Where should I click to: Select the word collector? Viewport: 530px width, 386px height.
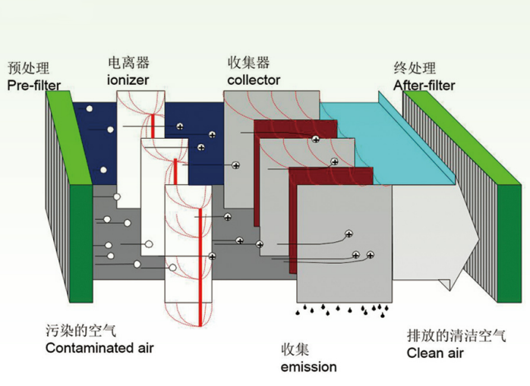(254, 80)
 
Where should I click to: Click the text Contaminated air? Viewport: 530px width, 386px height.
(99, 348)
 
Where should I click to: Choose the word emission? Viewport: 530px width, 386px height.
(308, 367)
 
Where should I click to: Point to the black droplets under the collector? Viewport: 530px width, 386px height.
(342, 309)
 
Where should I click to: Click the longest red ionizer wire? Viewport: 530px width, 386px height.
(200, 258)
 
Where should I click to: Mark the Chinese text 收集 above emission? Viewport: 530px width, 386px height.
(295, 350)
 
